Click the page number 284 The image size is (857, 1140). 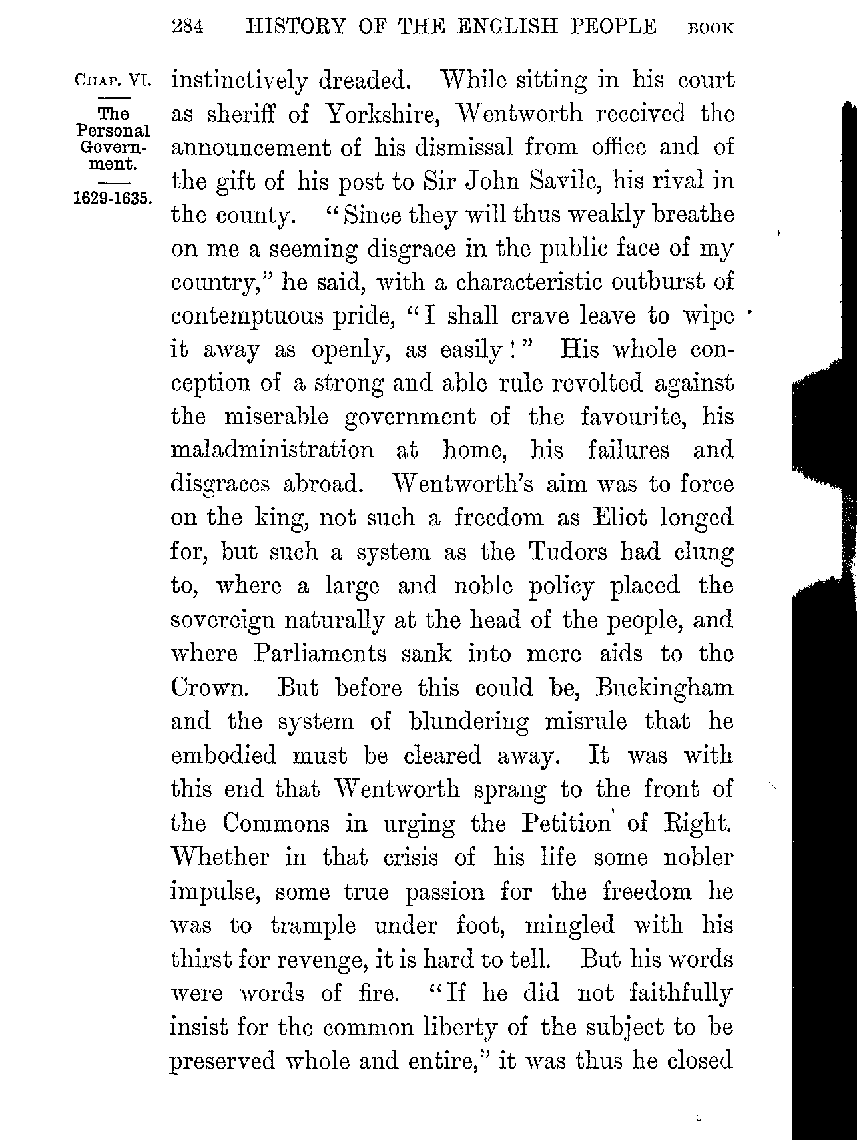(186, 27)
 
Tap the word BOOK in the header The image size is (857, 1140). (711, 29)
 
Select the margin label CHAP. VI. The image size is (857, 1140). (114, 80)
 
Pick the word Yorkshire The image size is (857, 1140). (382, 114)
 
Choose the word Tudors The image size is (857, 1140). (568, 552)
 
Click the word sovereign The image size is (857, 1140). (222, 621)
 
